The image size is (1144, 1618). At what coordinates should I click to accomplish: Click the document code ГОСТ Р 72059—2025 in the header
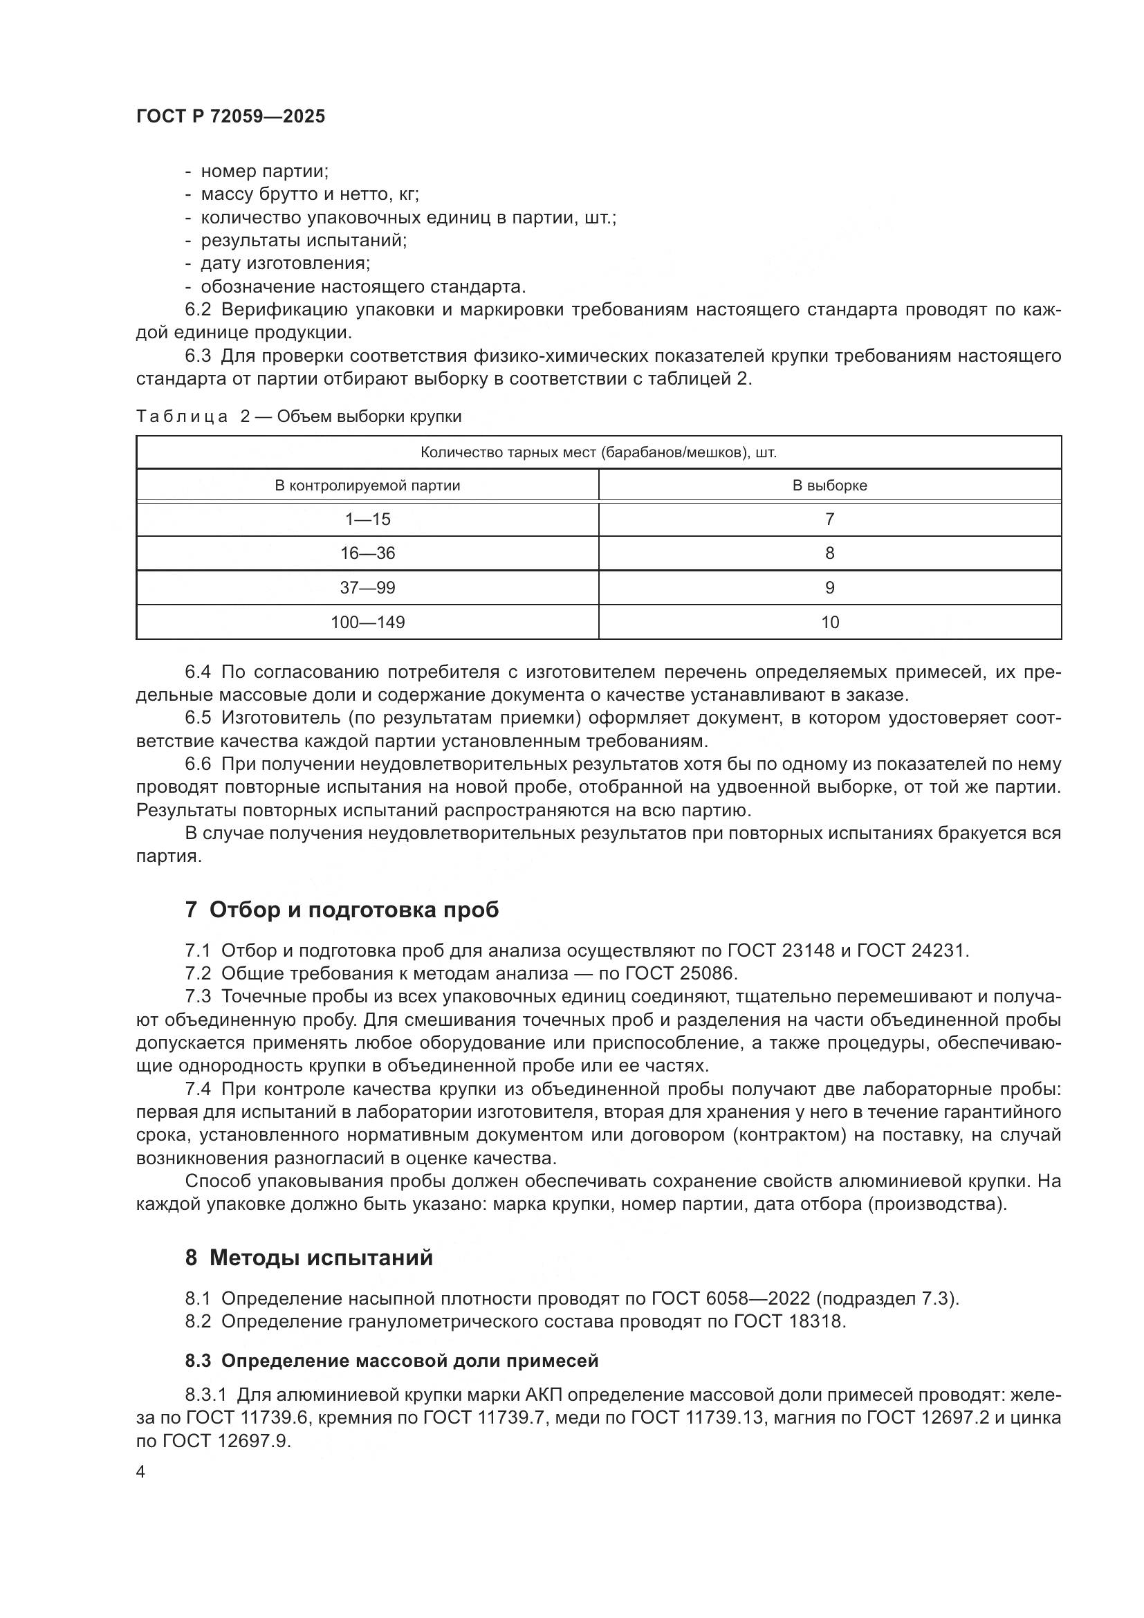tap(230, 116)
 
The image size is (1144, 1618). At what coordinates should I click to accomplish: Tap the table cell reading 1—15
tap(367, 520)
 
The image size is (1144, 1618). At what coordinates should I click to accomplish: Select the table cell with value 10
tap(830, 623)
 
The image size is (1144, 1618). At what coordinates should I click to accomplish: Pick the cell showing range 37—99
tap(367, 588)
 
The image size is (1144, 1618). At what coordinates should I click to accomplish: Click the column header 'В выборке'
tap(830, 486)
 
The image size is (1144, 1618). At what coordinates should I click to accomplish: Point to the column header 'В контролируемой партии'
tap(367, 486)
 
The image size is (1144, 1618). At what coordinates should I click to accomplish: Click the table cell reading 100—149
tap(367, 623)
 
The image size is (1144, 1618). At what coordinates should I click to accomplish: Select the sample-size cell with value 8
tap(830, 553)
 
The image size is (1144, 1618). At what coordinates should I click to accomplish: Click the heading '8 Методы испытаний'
tap(308, 1257)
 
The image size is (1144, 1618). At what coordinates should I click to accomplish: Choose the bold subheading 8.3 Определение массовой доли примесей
tap(391, 1361)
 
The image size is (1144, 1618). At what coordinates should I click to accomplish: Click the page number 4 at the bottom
tap(141, 1472)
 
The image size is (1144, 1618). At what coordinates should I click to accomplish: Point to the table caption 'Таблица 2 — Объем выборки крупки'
tap(299, 416)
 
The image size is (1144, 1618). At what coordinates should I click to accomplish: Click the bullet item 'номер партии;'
tap(265, 172)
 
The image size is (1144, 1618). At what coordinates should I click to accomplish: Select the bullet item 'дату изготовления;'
tap(285, 264)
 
